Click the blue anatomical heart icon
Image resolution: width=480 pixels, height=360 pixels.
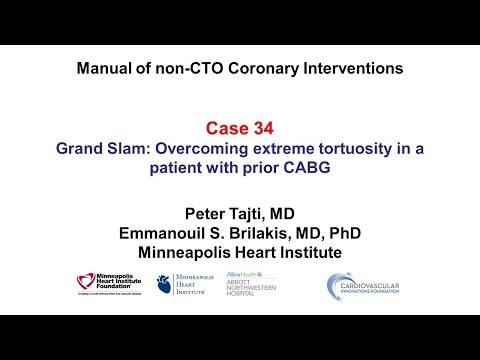pyautogui.click(x=161, y=287)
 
